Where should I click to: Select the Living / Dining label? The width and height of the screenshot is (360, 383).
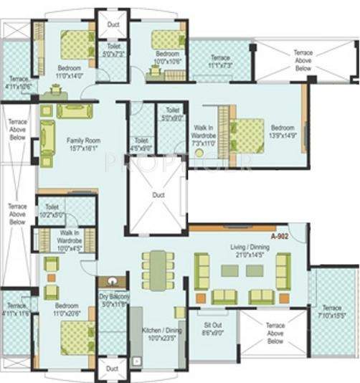[x=247, y=250]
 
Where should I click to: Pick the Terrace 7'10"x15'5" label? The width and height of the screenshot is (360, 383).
[x=332, y=311]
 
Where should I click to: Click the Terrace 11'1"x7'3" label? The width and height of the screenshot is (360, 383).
[x=221, y=62]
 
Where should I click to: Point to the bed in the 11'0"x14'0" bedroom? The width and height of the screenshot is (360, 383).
[x=71, y=45]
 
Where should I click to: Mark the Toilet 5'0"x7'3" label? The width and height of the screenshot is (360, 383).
[x=113, y=51]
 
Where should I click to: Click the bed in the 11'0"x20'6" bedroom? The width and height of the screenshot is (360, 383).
[x=75, y=335]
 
